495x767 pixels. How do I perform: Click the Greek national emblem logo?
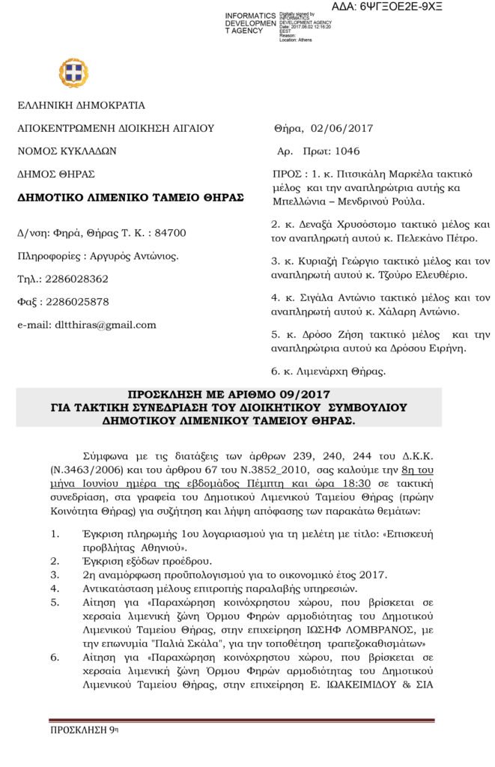point(73,73)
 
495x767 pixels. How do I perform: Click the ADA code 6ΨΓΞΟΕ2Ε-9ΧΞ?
point(409,7)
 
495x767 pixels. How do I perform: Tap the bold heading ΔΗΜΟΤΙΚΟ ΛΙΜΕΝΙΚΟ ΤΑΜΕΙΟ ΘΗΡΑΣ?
point(130,197)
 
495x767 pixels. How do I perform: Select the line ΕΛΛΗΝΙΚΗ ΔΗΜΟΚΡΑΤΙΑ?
point(81,106)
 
